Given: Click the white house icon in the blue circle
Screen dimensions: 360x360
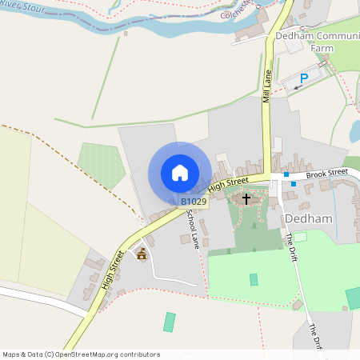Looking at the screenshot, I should [x=180, y=173].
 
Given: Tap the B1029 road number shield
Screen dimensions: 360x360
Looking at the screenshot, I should [x=194, y=202].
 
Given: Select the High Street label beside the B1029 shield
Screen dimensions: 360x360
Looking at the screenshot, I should [x=229, y=185].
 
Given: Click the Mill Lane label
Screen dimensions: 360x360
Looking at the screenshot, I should [x=267, y=86].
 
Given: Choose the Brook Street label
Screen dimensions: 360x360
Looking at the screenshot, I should [x=326, y=172].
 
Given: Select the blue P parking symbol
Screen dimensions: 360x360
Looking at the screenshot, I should [x=303, y=78].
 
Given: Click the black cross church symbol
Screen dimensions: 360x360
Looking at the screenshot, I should [x=246, y=197].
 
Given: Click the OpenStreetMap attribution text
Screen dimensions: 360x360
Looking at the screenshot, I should [x=81, y=354].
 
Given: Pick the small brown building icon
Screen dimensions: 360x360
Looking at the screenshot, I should [x=142, y=254].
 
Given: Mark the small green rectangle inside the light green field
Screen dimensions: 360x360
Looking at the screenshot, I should [x=254, y=279].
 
